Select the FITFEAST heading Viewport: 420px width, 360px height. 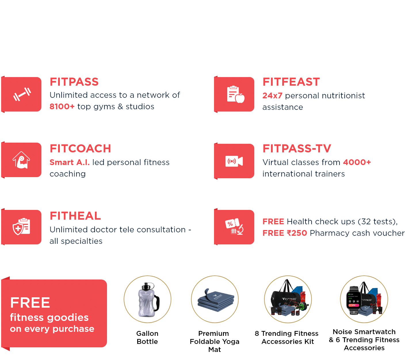[x=291, y=82]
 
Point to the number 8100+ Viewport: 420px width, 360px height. [x=62, y=107]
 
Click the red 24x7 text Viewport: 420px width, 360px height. [x=272, y=96]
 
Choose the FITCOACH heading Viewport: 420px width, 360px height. [x=80, y=149]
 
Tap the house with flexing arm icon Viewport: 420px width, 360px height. [x=21, y=160]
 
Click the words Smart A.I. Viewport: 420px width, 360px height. [x=70, y=162]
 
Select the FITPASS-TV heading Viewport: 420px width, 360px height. [x=297, y=149]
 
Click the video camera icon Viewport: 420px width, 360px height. [x=234, y=161]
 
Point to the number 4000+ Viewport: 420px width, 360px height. [x=357, y=162]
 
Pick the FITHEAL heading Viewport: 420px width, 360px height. [x=75, y=216]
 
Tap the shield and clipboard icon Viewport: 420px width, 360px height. [x=21, y=227]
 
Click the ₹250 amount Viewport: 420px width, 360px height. [x=297, y=233]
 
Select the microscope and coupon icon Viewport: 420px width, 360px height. [x=234, y=227]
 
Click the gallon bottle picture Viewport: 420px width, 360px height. [x=148, y=299]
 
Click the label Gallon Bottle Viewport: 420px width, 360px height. [x=147, y=338]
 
